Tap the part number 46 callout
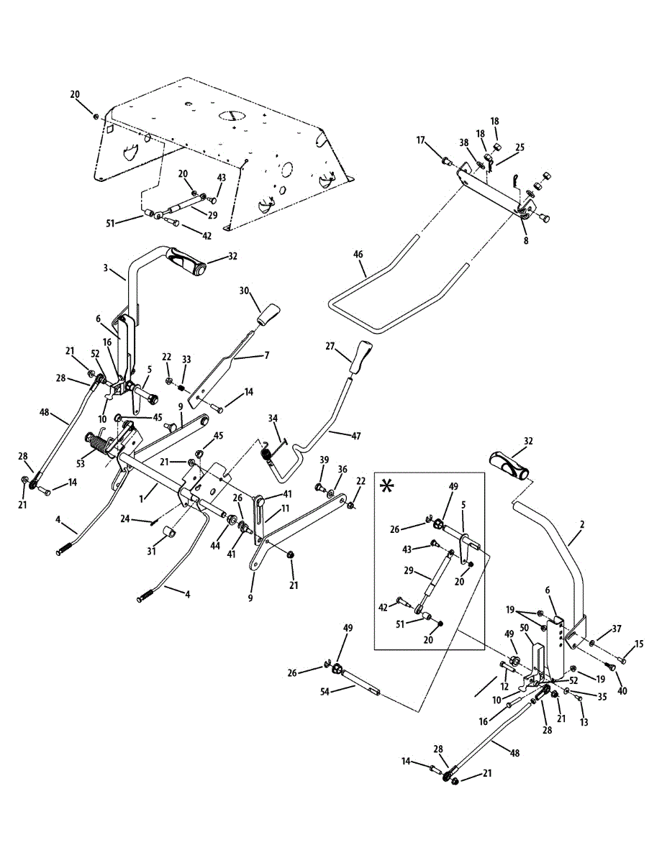click(358, 255)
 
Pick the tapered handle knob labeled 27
click(360, 355)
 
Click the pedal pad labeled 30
click(267, 314)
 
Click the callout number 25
click(519, 147)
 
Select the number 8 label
click(526, 242)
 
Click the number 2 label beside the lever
click(582, 525)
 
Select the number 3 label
click(105, 268)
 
